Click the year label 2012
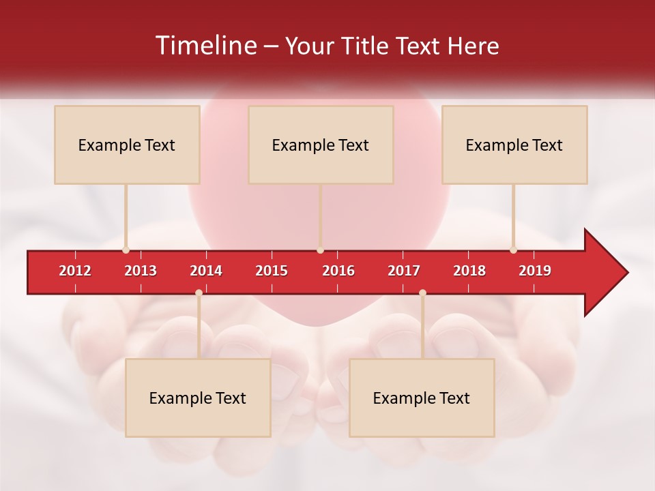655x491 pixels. pyautogui.click(x=75, y=271)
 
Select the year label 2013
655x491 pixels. pyautogui.click(x=141, y=271)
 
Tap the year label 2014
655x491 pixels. pyautogui.click(x=206, y=271)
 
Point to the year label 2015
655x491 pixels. pyautogui.click(x=272, y=271)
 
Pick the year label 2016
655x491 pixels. pyautogui.click(x=338, y=271)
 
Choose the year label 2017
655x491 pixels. pyautogui.click(x=404, y=271)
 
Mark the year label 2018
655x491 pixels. pyautogui.click(x=469, y=271)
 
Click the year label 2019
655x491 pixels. pyautogui.click(x=535, y=271)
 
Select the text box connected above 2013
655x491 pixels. pyautogui.click(x=127, y=145)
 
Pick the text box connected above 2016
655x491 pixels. pyautogui.click(x=321, y=145)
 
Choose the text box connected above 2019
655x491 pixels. pyautogui.click(x=514, y=145)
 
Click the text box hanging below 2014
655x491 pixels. pyautogui.click(x=198, y=398)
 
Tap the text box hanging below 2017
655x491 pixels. pyautogui.click(x=422, y=398)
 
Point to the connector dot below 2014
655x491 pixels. pyautogui.click(x=199, y=293)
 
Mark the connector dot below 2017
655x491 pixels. pyautogui.click(x=422, y=293)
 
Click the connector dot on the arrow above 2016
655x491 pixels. pyautogui.click(x=320, y=250)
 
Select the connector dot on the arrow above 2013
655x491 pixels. pyautogui.click(x=126, y=250)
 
